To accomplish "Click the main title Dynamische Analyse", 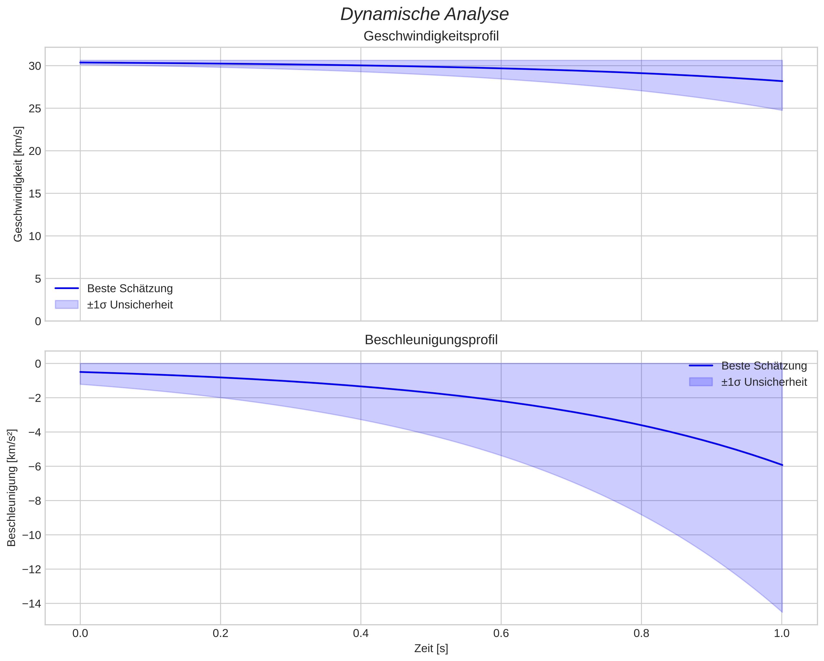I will (424, 14).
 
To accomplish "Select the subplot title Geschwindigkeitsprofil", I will (431, 36).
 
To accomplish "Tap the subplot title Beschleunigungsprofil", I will (431, 340).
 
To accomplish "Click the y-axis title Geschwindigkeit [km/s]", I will (18, 184).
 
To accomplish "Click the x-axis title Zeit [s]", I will (431, 648).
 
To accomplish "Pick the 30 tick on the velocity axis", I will (35, 66).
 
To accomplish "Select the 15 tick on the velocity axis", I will (35, 194).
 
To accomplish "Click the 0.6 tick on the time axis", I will (501, 634).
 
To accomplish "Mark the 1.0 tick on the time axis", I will (781, 634).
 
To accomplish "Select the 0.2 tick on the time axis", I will (220, 634).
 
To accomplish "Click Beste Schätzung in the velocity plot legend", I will (130, 289).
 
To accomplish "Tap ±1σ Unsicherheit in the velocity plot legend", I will (130, 305).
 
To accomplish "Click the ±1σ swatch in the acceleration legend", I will (701, 382).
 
